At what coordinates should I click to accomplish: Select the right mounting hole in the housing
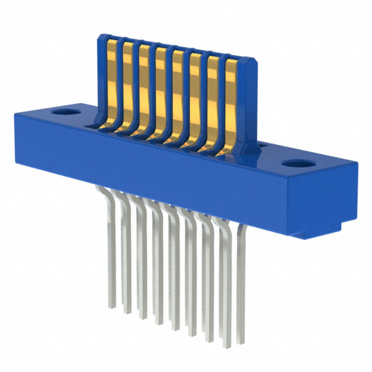coord(301,164)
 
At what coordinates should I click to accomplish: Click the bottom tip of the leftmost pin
coord(112,305)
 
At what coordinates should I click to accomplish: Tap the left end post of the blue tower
coord(101,76)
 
